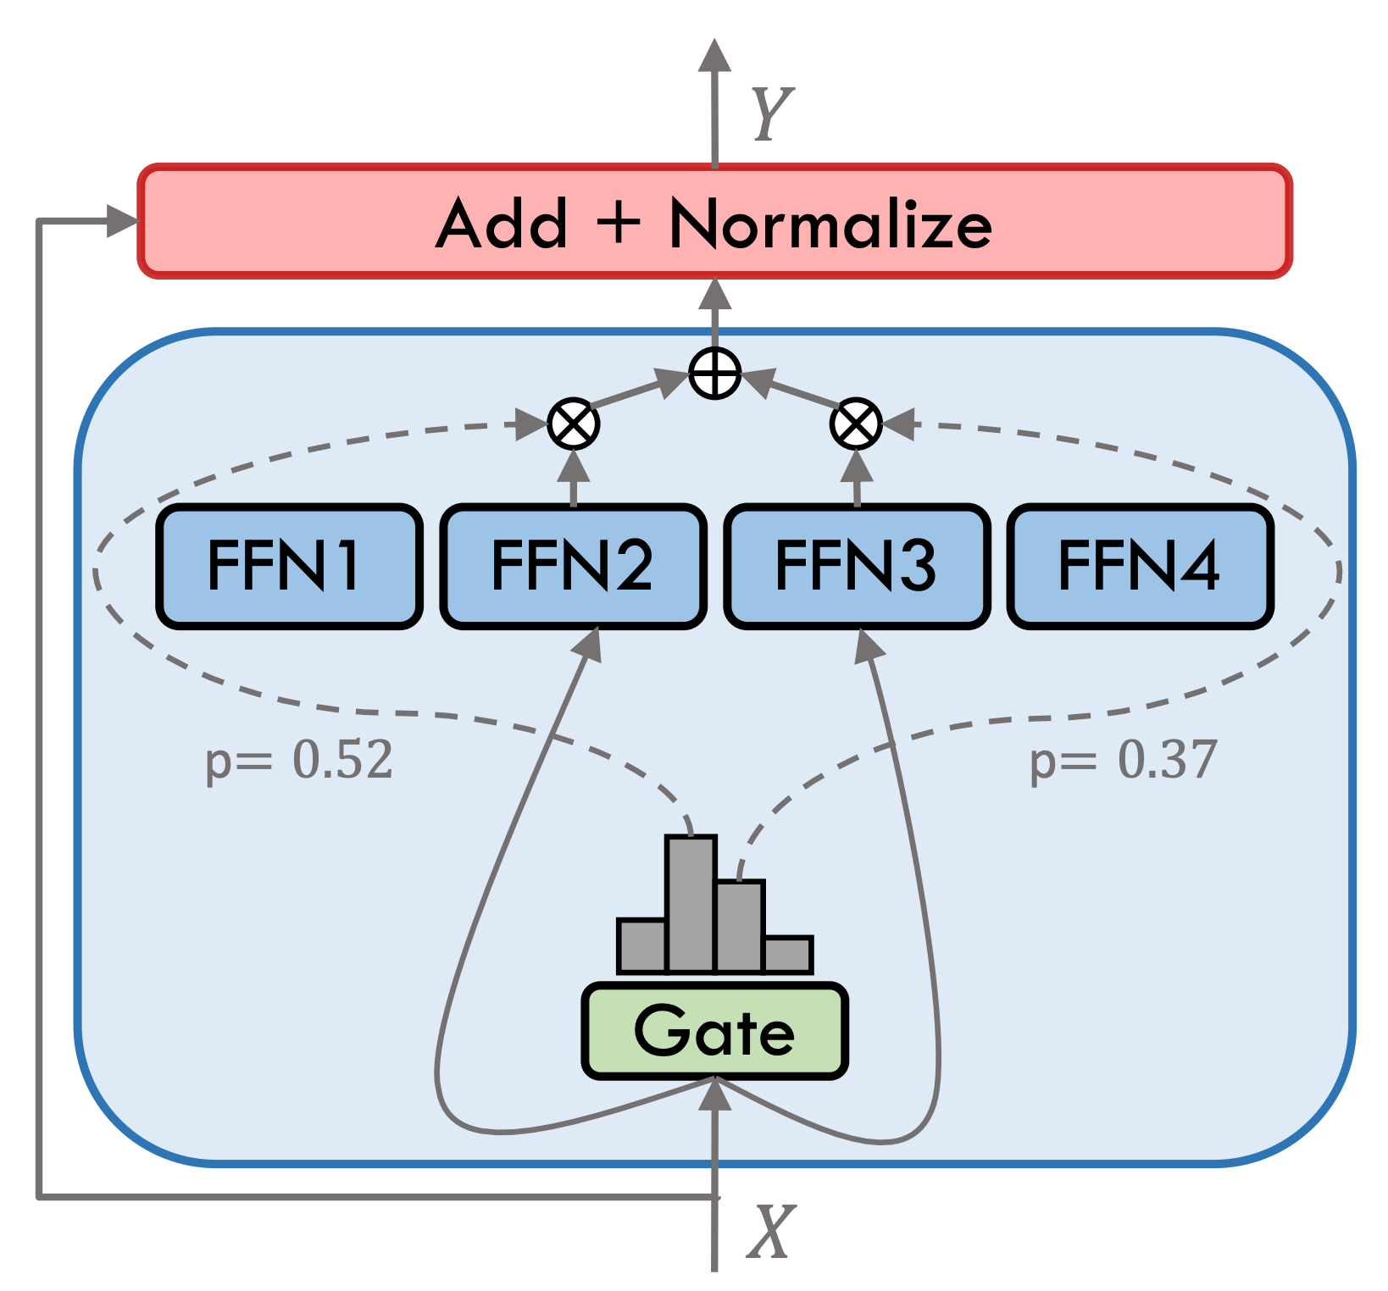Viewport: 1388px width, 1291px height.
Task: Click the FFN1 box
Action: tap(289, 567)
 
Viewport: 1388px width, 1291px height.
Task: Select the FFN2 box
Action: tap(574, 567)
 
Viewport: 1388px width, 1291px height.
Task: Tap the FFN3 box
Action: tap(857, 567)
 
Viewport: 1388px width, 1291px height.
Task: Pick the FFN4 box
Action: tap(1141, 567)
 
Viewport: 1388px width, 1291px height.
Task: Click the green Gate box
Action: tap(714, 1032)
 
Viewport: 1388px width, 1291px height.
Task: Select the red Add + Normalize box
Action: tap(714, 221)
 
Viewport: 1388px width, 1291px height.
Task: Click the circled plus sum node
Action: tap(715, 374)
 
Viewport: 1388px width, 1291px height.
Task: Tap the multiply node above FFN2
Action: tap(574, 424)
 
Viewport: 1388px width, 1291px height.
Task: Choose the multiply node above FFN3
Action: tap(856, 424)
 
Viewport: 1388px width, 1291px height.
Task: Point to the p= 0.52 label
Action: tap(300, 760)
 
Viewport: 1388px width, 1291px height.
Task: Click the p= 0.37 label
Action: tap(1124, 760)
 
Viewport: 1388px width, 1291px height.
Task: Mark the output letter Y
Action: tap(772, 114)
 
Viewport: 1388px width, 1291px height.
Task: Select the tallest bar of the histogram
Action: tap(691, 903)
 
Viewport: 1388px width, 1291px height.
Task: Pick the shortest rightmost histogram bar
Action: tap(788, 954)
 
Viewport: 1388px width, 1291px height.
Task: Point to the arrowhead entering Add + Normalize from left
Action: tap(122, 221)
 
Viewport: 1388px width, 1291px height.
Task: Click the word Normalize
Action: tap(830, 224)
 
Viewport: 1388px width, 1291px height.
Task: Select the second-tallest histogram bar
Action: tap(740, 926)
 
